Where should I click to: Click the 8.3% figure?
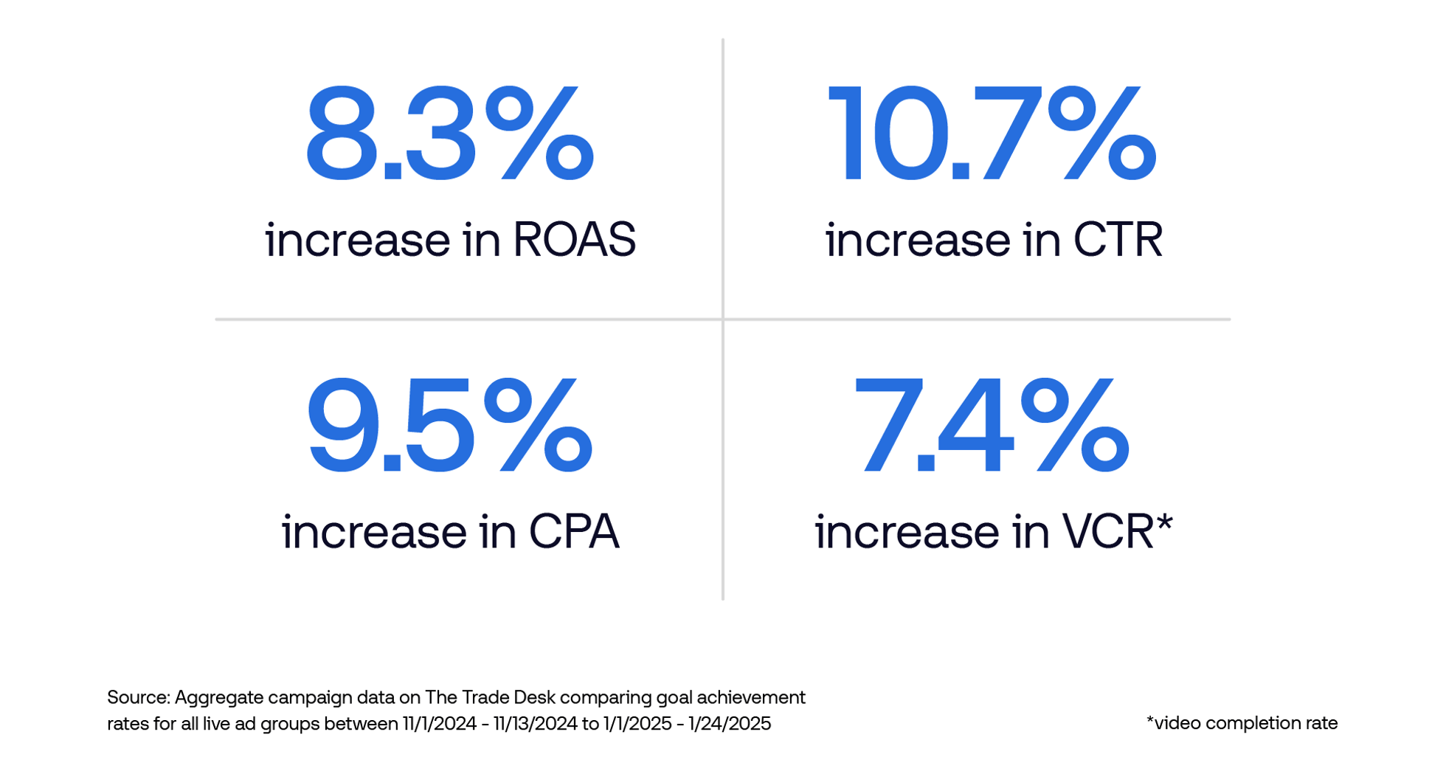[449, 134]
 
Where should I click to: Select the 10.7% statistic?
[992, 134]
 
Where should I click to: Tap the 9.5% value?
[449, 426]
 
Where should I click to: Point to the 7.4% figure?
[992, 426]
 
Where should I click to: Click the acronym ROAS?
[573, 240]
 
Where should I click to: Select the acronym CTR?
[1117, 240]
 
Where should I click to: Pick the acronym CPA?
[573, 532]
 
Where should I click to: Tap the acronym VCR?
[1107, 532]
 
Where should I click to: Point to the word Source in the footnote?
[138, 698]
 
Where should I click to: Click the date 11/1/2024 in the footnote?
[439, 724]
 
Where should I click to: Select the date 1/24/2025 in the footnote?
[729, 724]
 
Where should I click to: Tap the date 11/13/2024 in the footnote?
[535, 724]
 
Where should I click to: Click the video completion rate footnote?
[1242, 723]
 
